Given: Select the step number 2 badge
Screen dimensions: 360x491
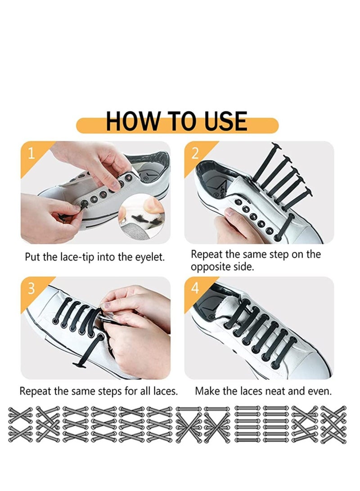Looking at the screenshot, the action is tap(195, 153).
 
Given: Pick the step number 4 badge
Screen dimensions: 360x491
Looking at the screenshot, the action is tap(195, 289).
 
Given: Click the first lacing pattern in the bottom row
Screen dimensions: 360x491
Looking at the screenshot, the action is tap(21, 424).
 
